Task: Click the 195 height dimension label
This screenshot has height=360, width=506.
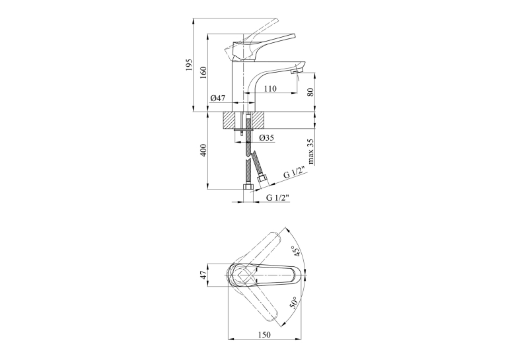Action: (x=190, y=65)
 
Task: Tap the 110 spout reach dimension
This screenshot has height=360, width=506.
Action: (x=270, y=89)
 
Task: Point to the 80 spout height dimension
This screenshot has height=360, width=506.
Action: (x=310, y=92)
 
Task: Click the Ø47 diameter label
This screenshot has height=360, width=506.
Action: (x=217, y=98)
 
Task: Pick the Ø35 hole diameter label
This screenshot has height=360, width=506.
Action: (x=267, y=138)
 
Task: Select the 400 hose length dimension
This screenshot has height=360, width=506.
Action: (x=203, y=150)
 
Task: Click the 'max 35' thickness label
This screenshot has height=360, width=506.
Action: (x=310, y=152)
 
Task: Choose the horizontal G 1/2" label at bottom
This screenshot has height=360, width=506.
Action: (x=277, y=198)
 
